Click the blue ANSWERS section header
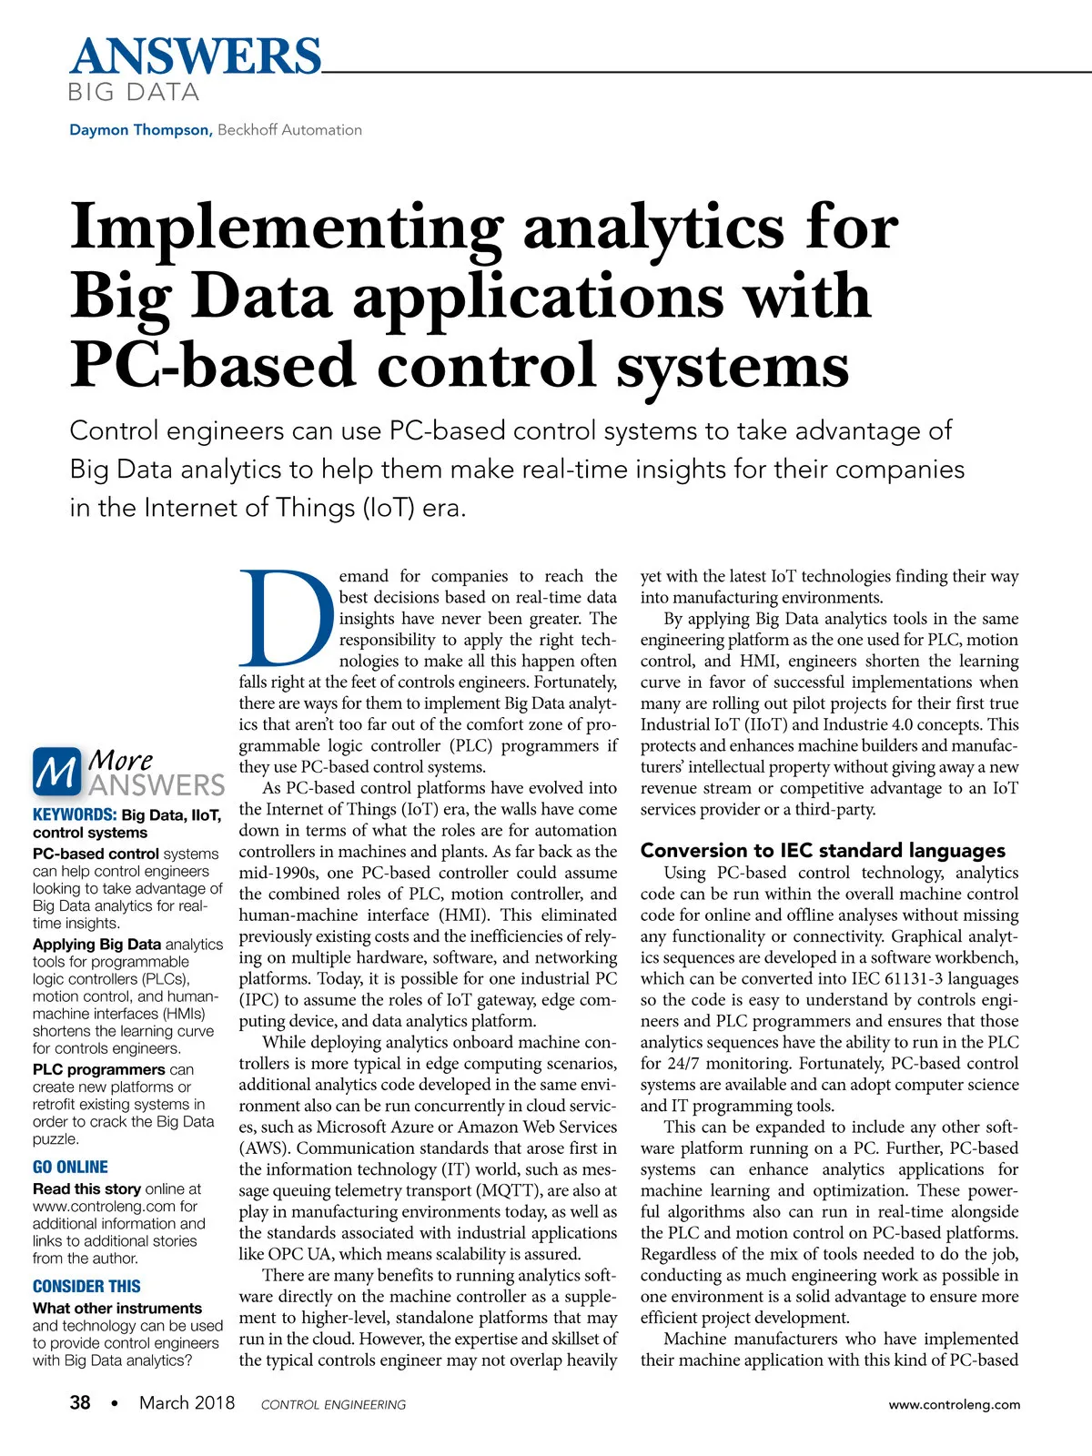point(195,56)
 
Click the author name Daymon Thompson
point(139,130)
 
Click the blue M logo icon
point(56,772)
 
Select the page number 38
point(80,1402)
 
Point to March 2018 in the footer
point(187,1402)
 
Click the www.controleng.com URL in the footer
point(955,1404)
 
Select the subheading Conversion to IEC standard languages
point(823,850)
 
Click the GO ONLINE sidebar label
point(70,1167)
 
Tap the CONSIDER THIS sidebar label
point(86,1286)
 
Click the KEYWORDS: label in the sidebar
point(74,815)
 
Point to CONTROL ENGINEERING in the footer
point(333,1405)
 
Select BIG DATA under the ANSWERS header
point(134,92)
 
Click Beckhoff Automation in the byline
point(289,130)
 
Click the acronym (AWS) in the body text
point(264,1148)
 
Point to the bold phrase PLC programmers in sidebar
point(98,1069)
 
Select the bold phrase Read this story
point(86,1188)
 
